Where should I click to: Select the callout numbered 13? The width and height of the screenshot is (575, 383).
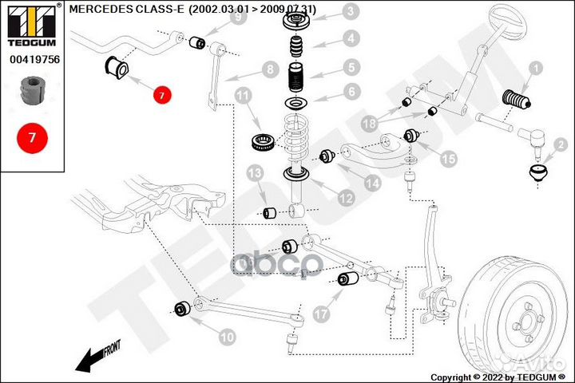(254, 174)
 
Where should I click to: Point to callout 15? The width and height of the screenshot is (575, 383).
(448, 160)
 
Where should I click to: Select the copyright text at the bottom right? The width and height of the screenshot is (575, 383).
(500, 377)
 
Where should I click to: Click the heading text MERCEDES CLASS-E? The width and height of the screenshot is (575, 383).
(127, 9)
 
